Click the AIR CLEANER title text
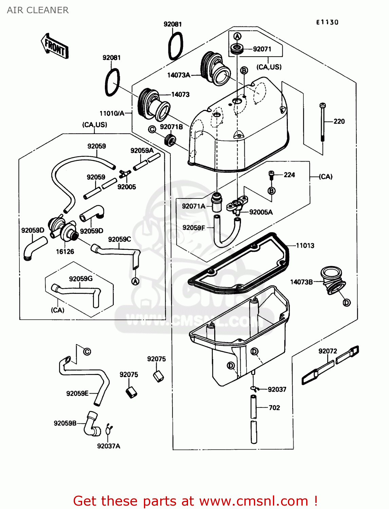pyautogui.click(x=38, y=10)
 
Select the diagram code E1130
pyautogui.click(x=327, y=22)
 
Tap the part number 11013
pyautogui.click(x=305, y=246)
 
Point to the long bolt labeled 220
pyautogui.click(x=322, y=122)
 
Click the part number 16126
pyautogui.click(x=65, y=251)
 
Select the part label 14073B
pyautogui.click(x=301, y=282)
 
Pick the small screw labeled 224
pyautogui.click(x=271, y=175)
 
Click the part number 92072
pyautogui.click(x=328, y=351)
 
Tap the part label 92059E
pyautogui.click(x=77, y=393)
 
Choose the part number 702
pyautogui.click(x=274, y=408)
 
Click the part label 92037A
pyautogui.click(x=109, y=446)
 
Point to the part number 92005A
pyautogui.click(x=261, y=212)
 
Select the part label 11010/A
pyautogui.click(x=112, y=113)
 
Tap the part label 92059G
pyautogui.click(x=81, y=279)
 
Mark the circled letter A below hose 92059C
pyautogui.click(x=135, y=281)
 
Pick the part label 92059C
pyautogui.click(x=119, y=240)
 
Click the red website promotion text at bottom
pyautogui.click(x=195, y=501)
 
